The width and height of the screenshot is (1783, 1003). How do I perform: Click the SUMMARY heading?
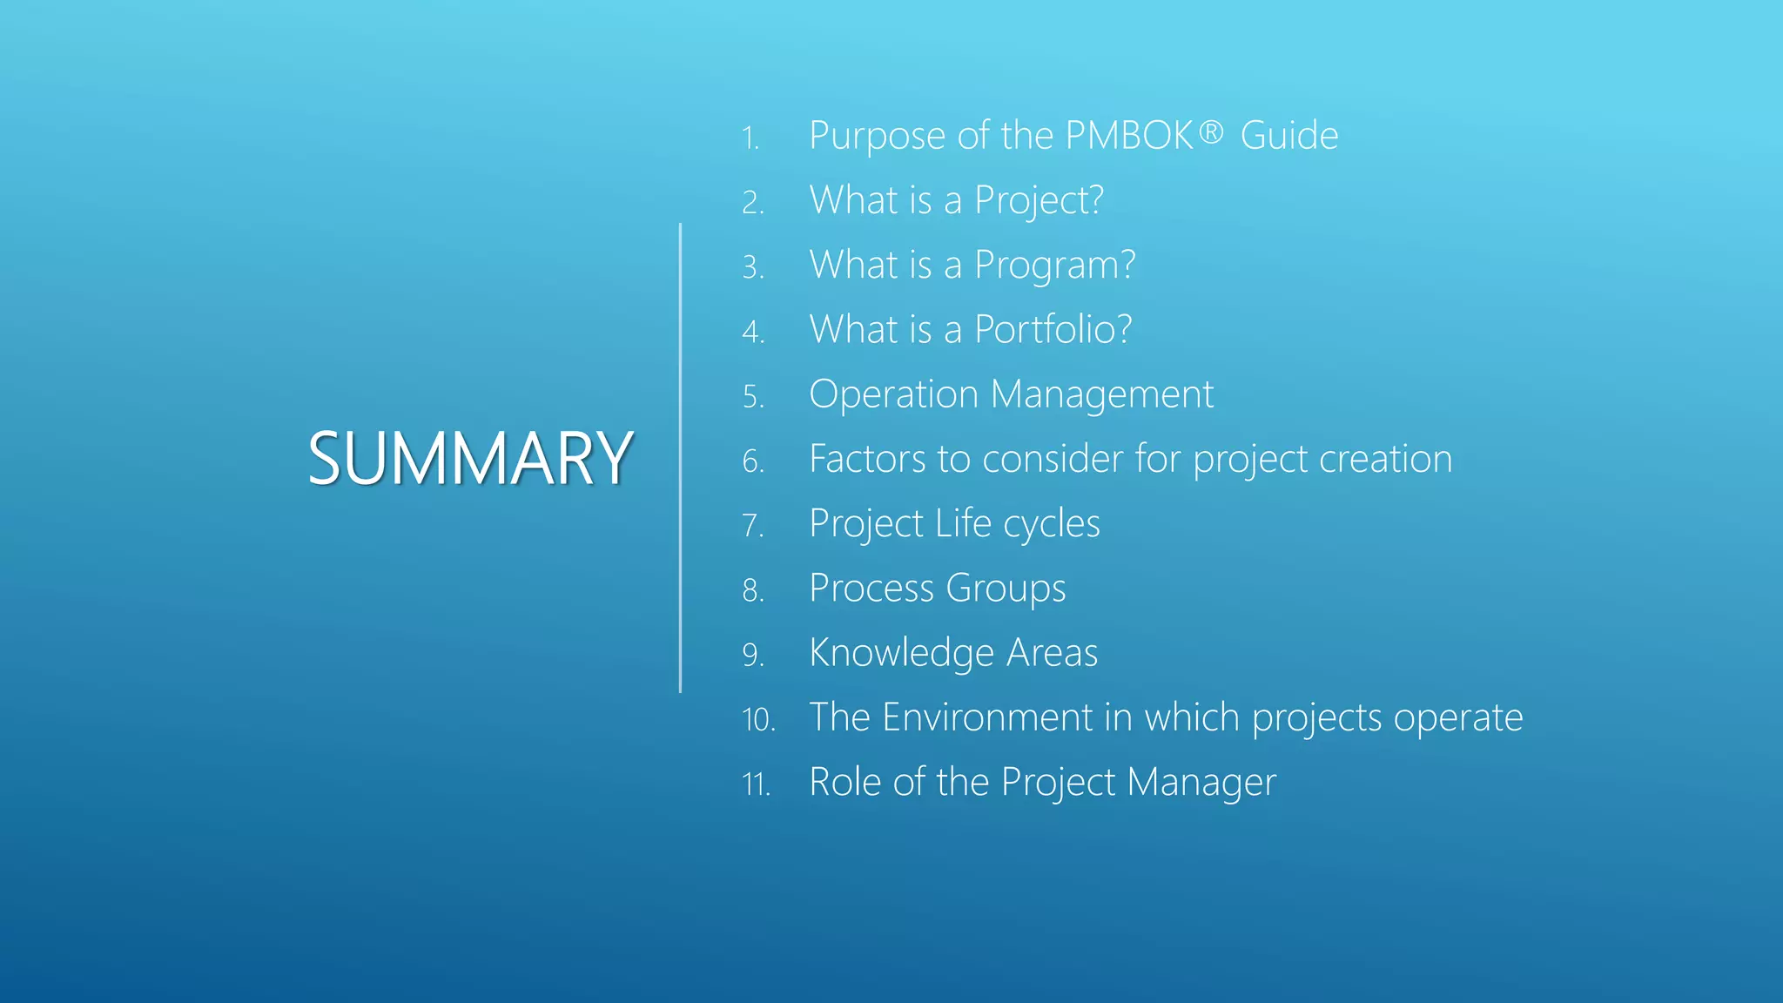[x=470, y=458]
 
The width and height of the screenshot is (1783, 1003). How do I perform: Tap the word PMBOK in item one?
[x=1129, y=136]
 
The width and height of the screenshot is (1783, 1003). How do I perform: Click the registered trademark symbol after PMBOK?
[x=1211, y=132]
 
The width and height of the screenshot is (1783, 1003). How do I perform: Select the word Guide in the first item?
[x=1288, y=136]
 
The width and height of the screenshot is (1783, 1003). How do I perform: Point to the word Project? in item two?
[x=1039, y=201]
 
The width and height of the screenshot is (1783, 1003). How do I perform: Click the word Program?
[x=1054, y=266]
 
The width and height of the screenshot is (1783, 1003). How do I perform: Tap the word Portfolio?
[x=1053, y=330]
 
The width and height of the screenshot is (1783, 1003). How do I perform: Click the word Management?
[x=1101, y=394]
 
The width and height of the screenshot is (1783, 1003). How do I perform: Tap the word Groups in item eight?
[x=1006, y=589]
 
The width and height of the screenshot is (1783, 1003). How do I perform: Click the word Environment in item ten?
[x=986, y=717]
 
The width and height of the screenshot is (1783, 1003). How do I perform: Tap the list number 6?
[x=753, y=461]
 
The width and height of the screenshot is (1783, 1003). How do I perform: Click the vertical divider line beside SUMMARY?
[x=680, y=458]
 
